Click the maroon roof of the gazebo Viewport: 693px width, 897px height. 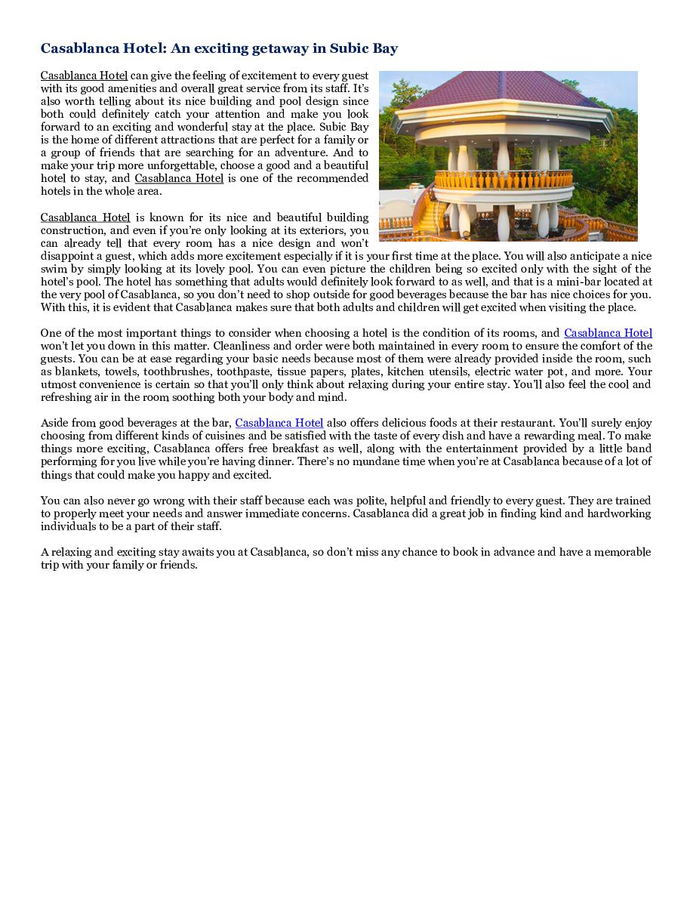(x=498, y=98)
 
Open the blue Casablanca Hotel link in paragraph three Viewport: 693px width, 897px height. (x=608, y=333)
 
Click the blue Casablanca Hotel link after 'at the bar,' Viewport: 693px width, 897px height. (x=279, y=423)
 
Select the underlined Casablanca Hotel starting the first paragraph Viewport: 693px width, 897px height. (x=84, y=76)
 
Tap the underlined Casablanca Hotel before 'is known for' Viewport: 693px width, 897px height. (x=85, y=217)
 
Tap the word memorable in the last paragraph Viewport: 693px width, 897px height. (x=617, y=552)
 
